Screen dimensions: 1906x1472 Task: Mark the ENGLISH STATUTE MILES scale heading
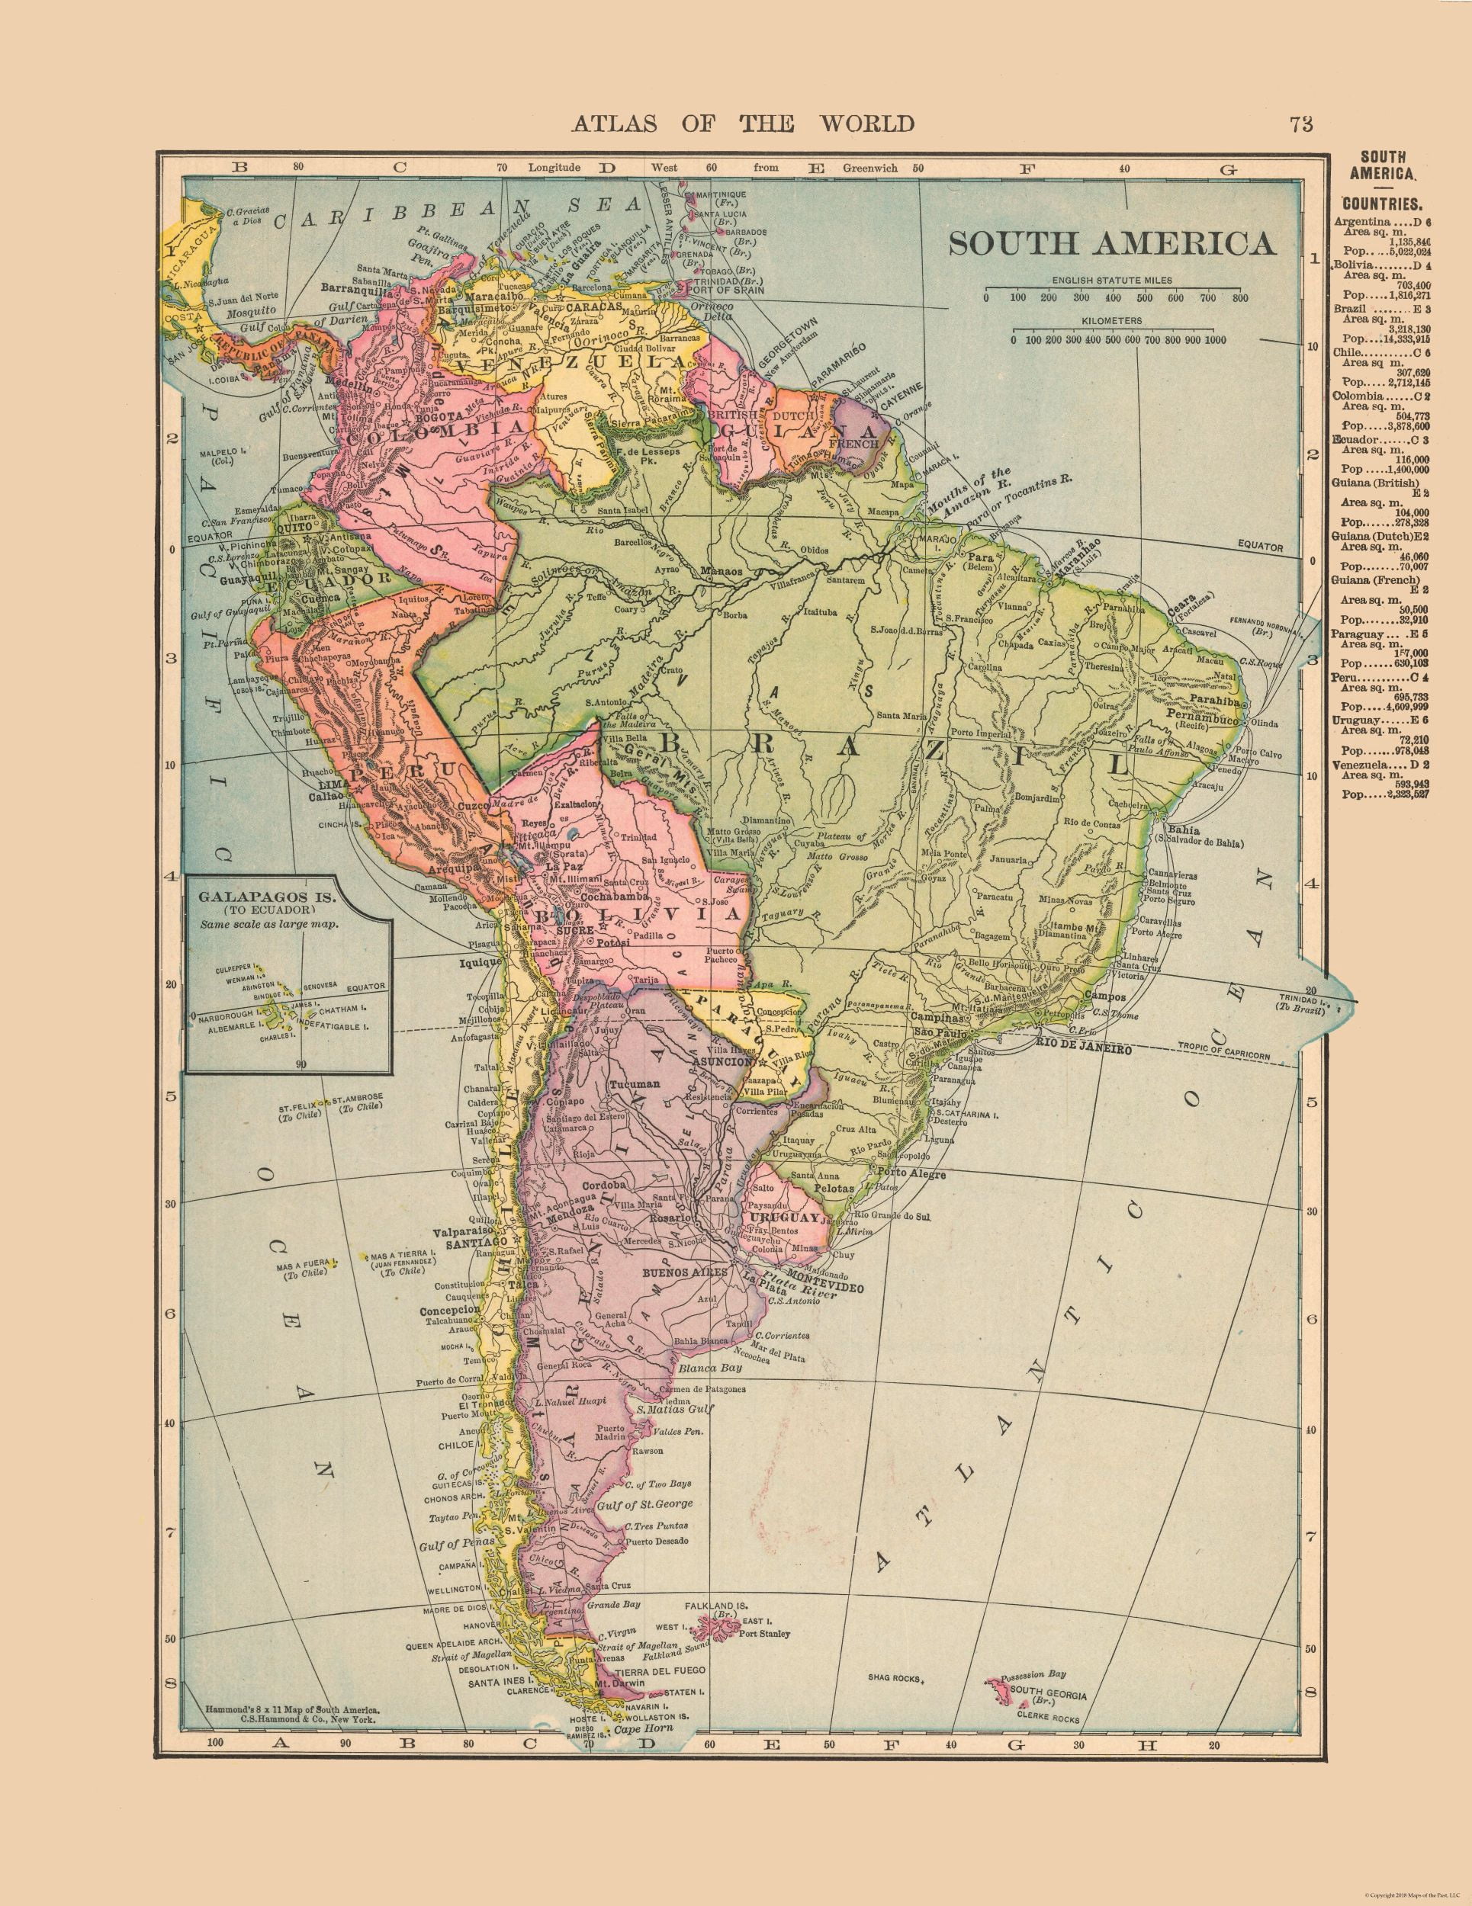pyautogui.click(x=1111, y=280)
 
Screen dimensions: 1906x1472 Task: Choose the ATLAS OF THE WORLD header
pyautogui.click(x=742, y=123)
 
